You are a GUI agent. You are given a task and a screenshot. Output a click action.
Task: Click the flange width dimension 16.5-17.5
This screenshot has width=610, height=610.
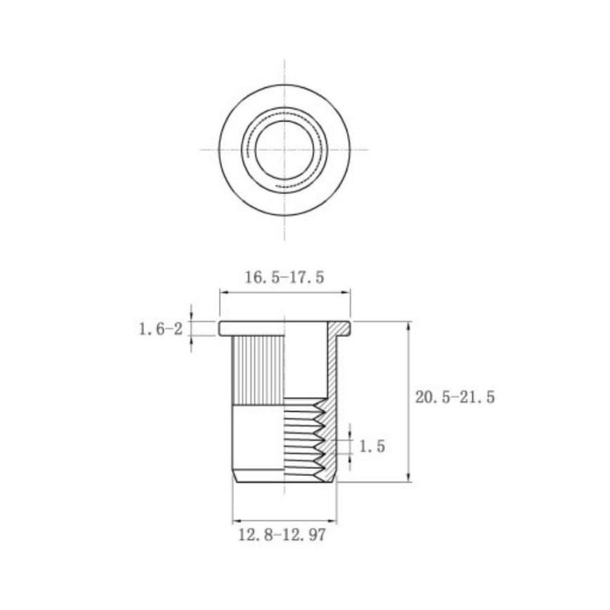284,278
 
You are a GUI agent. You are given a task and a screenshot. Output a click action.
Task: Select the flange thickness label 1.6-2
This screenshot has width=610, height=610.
160,329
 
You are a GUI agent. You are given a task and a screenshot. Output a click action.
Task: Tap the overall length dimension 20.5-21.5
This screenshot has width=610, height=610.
454,397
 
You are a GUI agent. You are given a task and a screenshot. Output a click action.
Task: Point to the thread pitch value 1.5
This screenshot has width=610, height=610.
371,446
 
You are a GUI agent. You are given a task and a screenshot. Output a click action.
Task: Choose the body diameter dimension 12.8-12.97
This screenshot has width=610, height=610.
281,536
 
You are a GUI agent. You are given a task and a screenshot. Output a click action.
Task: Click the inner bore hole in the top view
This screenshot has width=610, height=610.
284,149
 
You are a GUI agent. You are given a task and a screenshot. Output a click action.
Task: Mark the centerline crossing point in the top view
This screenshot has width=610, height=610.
284,149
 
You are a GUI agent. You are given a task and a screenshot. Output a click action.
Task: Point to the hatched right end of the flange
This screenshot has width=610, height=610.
342,329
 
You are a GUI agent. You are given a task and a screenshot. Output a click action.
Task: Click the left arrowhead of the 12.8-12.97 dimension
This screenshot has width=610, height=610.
235,521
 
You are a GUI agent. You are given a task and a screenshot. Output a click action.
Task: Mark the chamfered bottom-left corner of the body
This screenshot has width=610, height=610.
233,477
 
